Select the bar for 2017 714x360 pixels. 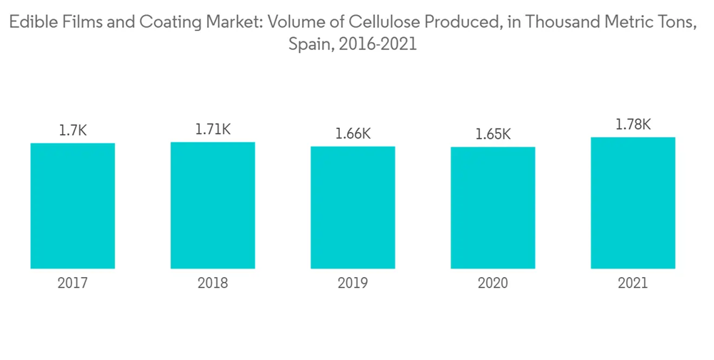pos(73,206)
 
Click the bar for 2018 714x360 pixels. pos(213,205)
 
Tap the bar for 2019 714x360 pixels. pos(353,207)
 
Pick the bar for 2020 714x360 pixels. pos(493,208)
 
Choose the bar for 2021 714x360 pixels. pos(633,203)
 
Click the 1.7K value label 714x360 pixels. pos(73,131)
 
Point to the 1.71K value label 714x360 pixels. pos(213,129)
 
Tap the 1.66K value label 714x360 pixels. pos(353,134)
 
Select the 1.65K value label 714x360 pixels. pos(493,134)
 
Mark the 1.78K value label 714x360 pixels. pos(633,124)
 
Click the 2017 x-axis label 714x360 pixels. pos(73,284)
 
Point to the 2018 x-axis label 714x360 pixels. pos(213,284)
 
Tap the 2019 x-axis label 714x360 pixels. pos(353,284)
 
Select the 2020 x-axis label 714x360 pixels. pos(493,284)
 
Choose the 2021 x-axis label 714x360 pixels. pos(633,284)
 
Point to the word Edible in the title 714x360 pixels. pos(29,24)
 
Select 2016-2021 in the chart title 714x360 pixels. pos(378,44)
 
